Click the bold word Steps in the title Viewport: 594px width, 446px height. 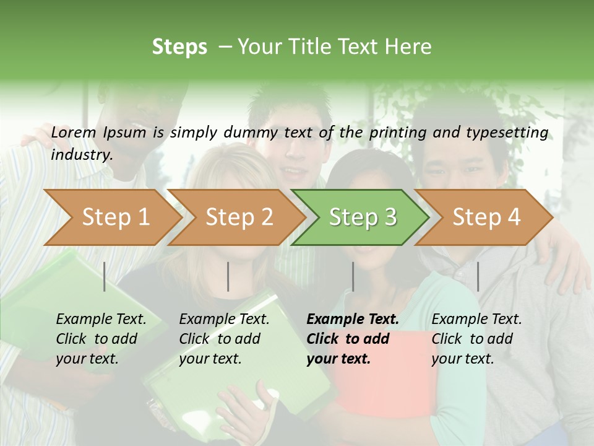pos(179,47)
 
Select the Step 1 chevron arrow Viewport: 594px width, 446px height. pos(111,217)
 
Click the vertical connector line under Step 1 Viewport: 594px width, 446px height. pos(104,276)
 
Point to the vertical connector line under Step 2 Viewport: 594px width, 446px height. pos(228,276)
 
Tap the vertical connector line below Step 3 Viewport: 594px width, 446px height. pos(353,276)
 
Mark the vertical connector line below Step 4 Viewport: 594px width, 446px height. pos(478,276)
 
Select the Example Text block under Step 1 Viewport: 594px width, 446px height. pos(101,339)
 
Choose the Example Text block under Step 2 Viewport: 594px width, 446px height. pos(224,339)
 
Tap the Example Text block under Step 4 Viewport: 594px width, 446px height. pos(476,339)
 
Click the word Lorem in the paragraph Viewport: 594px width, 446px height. pos(74,133)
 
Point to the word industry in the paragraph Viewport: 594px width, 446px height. pos(81,154)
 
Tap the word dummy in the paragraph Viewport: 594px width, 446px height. pos(250,133)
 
